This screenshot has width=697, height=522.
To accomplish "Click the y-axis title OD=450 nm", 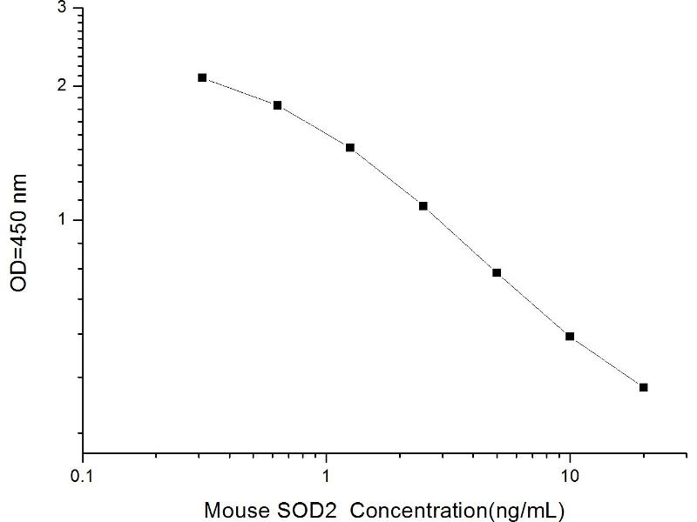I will click(x=20, y=232).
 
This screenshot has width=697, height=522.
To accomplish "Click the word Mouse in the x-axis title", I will click(x=233, y=508).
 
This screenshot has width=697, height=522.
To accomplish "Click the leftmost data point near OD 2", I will click(x=202, y=77).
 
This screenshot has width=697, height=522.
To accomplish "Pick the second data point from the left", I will click(x=277, y=105).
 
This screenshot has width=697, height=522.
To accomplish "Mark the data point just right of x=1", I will click(x=350, y=148).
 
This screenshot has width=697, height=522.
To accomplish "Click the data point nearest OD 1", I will click(x=423, y=206).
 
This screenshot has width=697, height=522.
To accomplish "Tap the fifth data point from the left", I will click(x=497, y=272).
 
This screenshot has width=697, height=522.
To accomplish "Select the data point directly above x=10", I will click(x=570, y=336).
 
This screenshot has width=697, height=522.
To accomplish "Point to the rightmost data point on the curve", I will click(x=643, y=387).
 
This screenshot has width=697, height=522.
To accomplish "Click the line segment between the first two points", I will click(x=240, y=91).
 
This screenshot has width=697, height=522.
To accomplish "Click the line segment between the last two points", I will click(x=606, y=362).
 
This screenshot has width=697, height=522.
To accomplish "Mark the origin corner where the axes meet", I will click(x=83, y=453).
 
